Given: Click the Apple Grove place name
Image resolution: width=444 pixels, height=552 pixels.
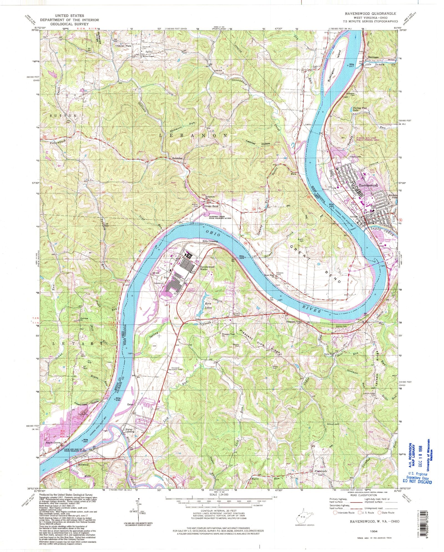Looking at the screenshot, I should point(53,450).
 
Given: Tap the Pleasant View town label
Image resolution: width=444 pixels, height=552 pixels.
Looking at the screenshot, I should point(294,322).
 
